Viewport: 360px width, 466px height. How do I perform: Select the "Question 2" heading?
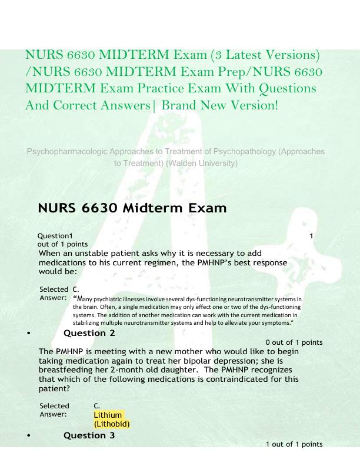coord(89,334)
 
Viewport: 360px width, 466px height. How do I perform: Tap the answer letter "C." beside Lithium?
coord(96,406)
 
